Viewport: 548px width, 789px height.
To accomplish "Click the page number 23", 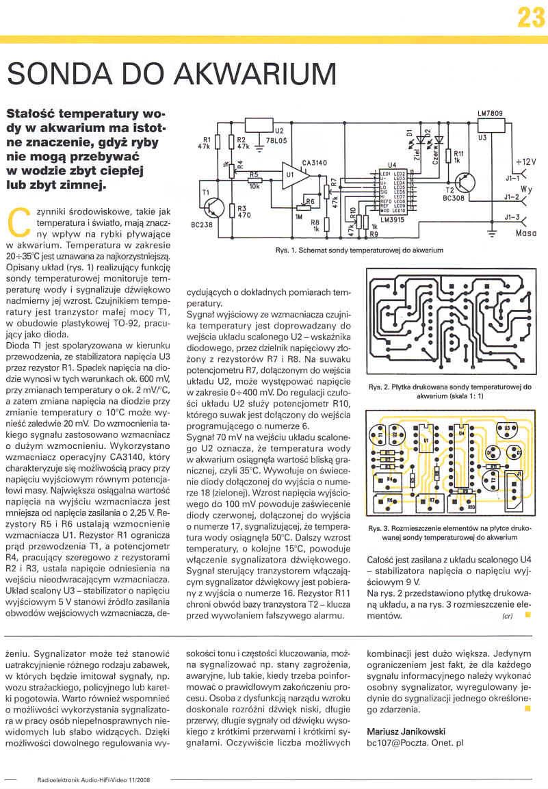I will click(x=530, y=17).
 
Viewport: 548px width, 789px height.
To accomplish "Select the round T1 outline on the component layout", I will click(x=377, y=433).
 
